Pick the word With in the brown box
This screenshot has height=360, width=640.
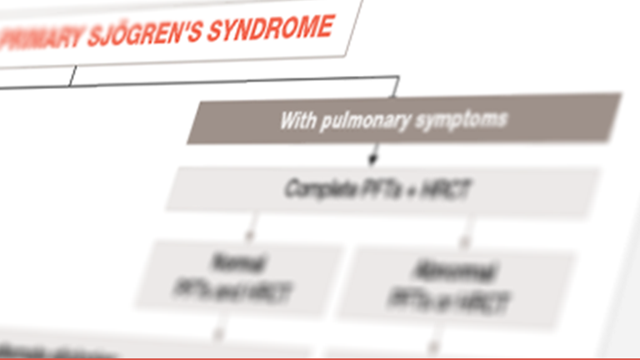[x=297, y=122]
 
